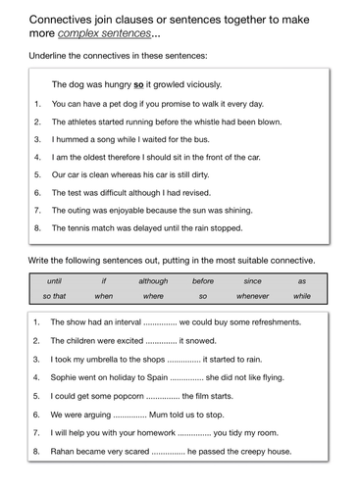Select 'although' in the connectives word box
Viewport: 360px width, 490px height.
point(153,280)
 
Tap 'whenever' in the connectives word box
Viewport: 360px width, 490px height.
point(252,295)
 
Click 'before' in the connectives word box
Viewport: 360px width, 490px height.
point(203,280)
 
